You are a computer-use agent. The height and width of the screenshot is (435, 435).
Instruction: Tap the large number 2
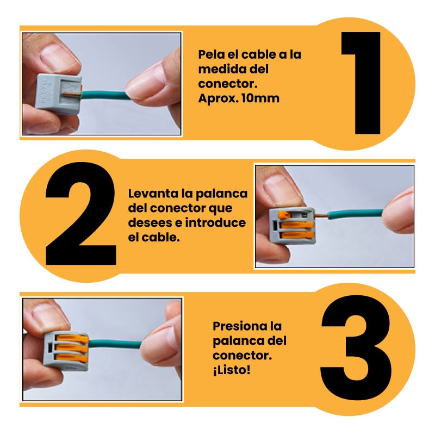pyautogui.click(x=80, y=214)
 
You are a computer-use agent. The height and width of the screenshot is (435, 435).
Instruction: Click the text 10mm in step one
pyautogui.click(x=260, y=98)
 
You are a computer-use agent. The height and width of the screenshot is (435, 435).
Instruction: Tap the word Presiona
pyautogui.click(x=237, y=326)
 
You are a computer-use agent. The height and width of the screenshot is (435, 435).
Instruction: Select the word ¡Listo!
pyautogui.click(x=232, y=370)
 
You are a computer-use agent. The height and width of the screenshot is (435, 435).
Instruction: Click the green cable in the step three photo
pyautogui.click(x=115, y=344)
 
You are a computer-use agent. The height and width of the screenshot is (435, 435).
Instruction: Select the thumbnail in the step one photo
pyautogui.click(x=59, y=55)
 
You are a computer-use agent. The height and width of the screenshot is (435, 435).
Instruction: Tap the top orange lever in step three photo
pyautogui.click(x=73, y=339)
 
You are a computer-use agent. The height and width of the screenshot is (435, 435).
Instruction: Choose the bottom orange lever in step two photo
pyautogui.click(x=297, y=235)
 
